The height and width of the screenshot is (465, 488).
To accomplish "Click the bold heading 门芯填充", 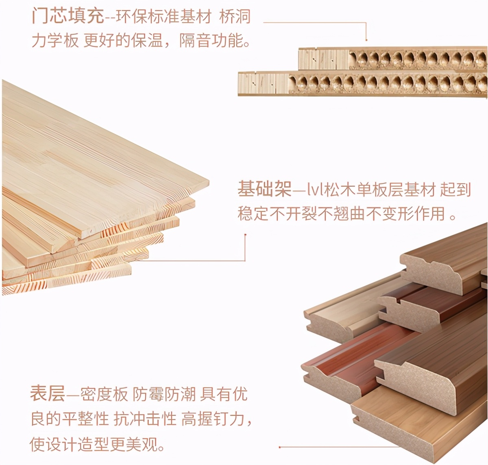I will [x=68, y=16].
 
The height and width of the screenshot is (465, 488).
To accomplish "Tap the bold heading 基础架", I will [x=264, y=190].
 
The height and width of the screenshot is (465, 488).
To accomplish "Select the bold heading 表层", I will [x=47, y=394].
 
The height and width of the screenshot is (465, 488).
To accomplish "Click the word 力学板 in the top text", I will [x=55, y=41].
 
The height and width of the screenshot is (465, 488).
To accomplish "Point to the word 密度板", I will [x=104, y=394].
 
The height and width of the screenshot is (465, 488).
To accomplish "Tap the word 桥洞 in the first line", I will [x=235, y=17].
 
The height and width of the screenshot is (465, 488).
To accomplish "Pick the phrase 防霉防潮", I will [x=164, y=394].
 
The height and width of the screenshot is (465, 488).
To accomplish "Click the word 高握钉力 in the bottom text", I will [x=213, y=419].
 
